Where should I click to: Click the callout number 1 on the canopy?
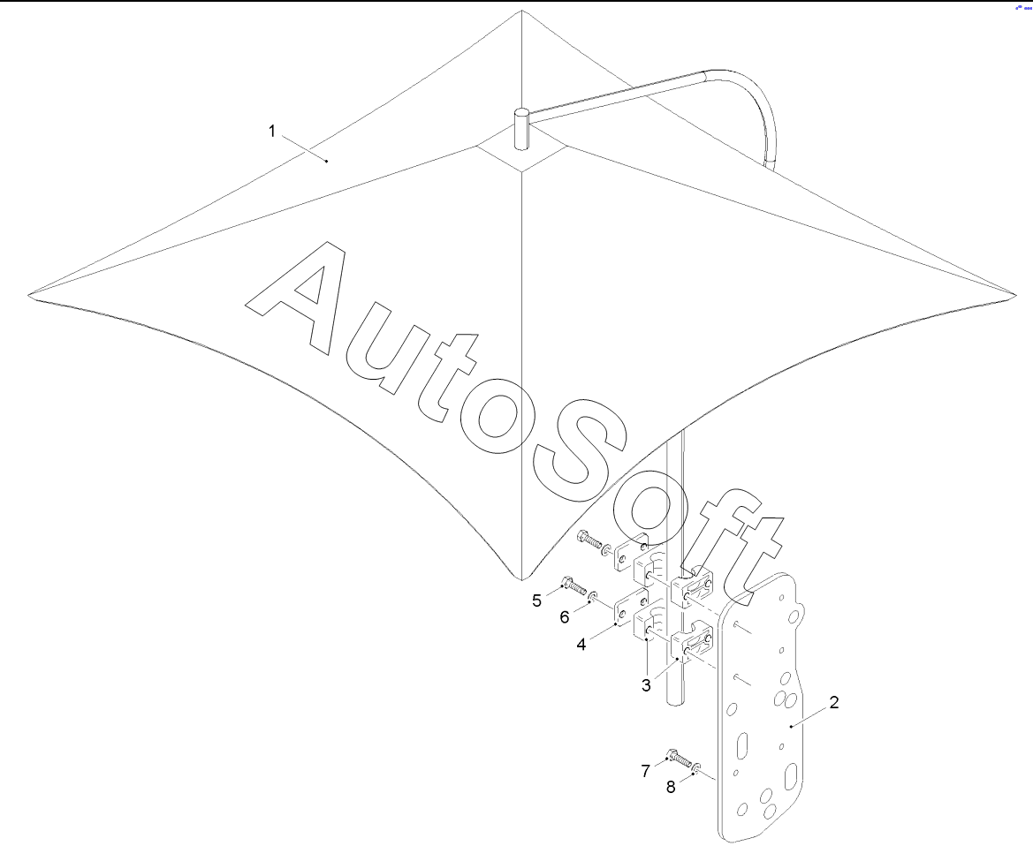pos(273,132)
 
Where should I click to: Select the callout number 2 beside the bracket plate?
pos(833,703)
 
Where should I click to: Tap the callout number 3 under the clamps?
pos(647,684)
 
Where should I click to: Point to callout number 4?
pos(581,645)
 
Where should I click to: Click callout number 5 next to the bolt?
pos(536,601)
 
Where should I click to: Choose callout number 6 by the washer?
pos(564,617)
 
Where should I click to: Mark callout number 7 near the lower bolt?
pos(646,771)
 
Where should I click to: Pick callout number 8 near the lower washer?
pos(672,787)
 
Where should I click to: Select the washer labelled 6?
pos(594,597)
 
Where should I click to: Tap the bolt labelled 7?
pos(680,758)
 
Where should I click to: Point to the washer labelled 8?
pos(697,768)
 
